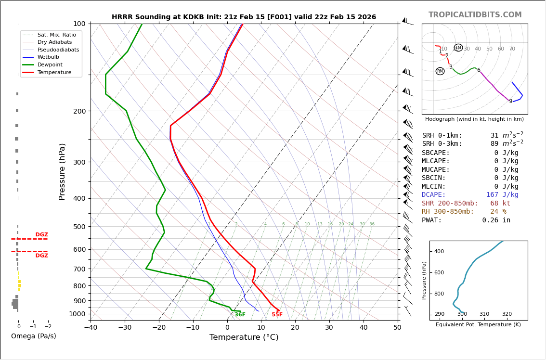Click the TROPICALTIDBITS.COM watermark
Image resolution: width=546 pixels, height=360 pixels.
pyautogui.click(x=475, y=15)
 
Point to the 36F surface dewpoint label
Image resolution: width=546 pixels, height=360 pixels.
pyautogui.click(x=240, y=315)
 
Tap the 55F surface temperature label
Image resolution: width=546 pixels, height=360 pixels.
pyautogui.click(x=277, y=315)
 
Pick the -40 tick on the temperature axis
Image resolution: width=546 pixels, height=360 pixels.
pyautogui.click(x=91, y=328)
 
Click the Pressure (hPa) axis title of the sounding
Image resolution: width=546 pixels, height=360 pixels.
pyautogui.click(x=62, y=171)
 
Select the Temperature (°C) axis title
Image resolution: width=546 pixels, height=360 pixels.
pyautogui.click(x=244, y=337)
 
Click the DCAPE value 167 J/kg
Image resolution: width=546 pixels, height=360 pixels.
pyautogui.click(x=502, y=195)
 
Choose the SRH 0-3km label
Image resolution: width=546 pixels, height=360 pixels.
pyautogui.click(x=442, y=144)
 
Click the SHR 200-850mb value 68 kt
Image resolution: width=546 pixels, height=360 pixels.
pyautogui.click(x=500, y=204)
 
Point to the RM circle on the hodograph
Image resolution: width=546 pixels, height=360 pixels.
pyautogui.click(x=440, y=71)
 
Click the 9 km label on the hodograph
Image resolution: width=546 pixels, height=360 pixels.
pyautogui.click(x=510, y=102)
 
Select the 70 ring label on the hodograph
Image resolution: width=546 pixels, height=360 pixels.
pyautogui.click(x=512, y=49)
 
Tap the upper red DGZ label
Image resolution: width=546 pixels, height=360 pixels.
pyautogui.click(x=41, y=235)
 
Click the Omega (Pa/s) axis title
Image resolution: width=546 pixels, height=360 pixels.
pyautogui.click(x=33, y=336)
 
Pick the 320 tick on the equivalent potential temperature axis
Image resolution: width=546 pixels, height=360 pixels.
pyautogui.click(x=507, y=314)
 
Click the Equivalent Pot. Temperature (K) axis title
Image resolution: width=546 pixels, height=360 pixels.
pyautogui.click(x=478, y=325)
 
